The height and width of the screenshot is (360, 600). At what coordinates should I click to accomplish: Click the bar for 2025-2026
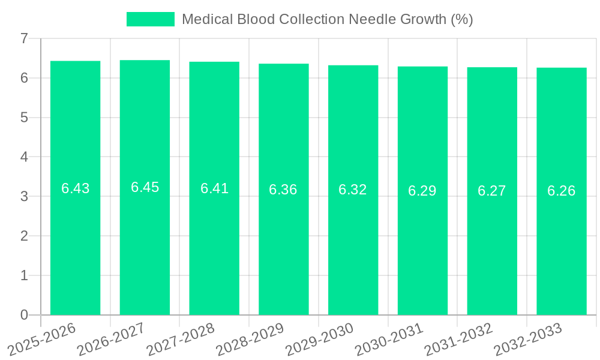[75, 188]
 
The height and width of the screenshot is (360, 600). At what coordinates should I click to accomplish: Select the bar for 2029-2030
[353, 190]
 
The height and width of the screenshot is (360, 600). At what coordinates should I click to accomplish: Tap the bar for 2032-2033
[561, 191]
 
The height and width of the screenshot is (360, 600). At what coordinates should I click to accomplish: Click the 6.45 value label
[145, 187]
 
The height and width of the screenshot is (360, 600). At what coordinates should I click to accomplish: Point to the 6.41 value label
[214, 188]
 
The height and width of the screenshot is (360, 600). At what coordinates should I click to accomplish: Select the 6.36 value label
[283, 190]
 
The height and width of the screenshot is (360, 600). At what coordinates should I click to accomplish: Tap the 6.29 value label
[422, 191]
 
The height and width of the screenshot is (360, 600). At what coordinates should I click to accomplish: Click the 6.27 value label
[492, 191]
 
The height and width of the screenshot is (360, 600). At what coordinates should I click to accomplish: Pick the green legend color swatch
[150, 19]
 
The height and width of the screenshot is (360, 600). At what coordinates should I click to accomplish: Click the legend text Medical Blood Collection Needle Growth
[327, 19]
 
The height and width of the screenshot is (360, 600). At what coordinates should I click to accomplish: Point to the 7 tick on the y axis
[24, 38]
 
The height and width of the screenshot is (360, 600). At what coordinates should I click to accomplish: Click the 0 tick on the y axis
[24, 315]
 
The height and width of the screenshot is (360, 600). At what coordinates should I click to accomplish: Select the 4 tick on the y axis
[24, 157]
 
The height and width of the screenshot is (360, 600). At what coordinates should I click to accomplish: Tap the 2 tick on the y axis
[24, 236]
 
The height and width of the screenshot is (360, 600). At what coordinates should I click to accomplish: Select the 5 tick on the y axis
[24, 118]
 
